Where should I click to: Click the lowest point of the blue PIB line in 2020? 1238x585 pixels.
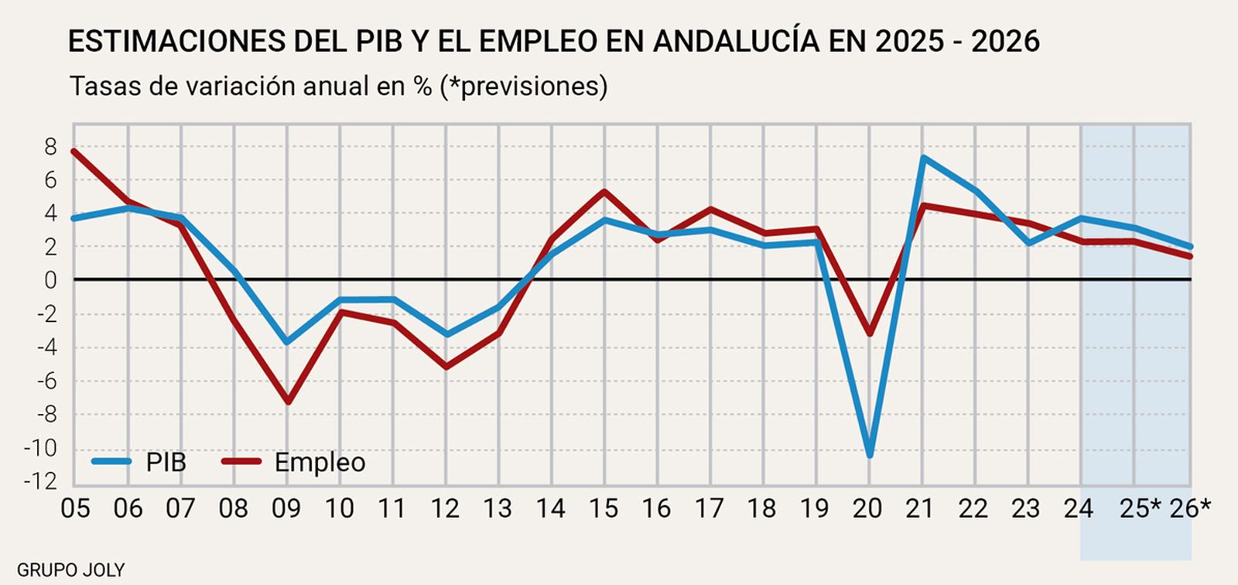tap(870, 455)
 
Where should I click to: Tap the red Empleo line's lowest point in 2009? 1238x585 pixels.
tap(288, 402)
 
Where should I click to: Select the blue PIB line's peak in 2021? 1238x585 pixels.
tap(923, 158)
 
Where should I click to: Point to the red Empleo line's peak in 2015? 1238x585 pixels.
tap(604, 191)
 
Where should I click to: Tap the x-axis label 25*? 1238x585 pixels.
tap(1141, 508)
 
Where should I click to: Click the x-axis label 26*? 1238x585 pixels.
tap(1190, 508)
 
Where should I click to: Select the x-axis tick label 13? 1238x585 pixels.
tap(498, 508)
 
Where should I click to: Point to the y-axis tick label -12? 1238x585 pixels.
tap(40, 481)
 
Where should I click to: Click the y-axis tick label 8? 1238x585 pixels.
tap(50, 146)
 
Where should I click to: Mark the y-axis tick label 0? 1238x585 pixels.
tap(50, 280)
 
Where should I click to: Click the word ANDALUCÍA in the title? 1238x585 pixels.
tap(735, 41)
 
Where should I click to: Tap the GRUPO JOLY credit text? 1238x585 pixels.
tap(70, 570)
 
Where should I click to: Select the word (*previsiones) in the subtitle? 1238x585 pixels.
tap(523, 86)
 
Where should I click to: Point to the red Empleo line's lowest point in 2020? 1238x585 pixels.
tap(870, 334)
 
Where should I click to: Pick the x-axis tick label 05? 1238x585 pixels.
tap(75, 508)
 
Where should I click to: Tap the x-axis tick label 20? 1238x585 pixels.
tap(867, 508)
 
